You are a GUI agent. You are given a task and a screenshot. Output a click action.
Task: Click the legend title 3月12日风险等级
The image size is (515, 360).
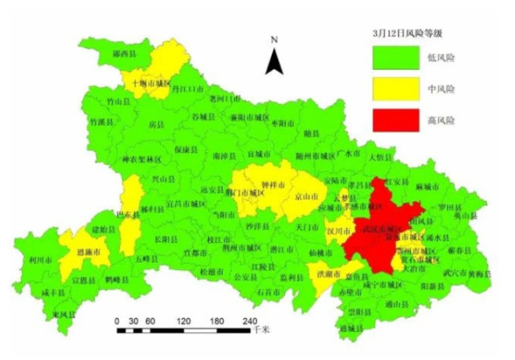408,33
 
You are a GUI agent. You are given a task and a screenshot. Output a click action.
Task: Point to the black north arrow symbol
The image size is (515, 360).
274,59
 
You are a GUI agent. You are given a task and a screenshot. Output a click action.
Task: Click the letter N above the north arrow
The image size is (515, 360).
274,39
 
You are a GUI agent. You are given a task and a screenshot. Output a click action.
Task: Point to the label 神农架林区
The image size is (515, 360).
142,159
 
